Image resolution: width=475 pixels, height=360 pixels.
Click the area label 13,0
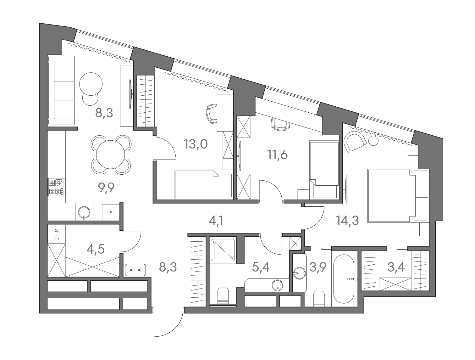(x=196, y=144)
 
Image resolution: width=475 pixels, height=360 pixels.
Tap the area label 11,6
(x=278, y=155)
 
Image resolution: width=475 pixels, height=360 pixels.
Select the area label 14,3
(x=347, y=221)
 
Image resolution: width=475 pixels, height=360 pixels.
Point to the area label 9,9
(x=106, y=188)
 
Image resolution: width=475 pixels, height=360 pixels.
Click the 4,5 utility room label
(x=96, y=249)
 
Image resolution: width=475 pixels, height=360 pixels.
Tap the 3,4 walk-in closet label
(x=396, y=267)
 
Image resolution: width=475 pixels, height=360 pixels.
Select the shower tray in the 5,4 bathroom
(x=223, y=250)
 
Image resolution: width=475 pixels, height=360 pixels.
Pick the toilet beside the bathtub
(x=319, y=298)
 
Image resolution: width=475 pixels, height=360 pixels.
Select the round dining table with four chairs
(x=110, y=155)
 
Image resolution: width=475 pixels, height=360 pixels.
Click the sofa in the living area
(x=61, y=91)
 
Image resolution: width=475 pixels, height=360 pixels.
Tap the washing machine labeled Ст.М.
(x=57, y=234)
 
